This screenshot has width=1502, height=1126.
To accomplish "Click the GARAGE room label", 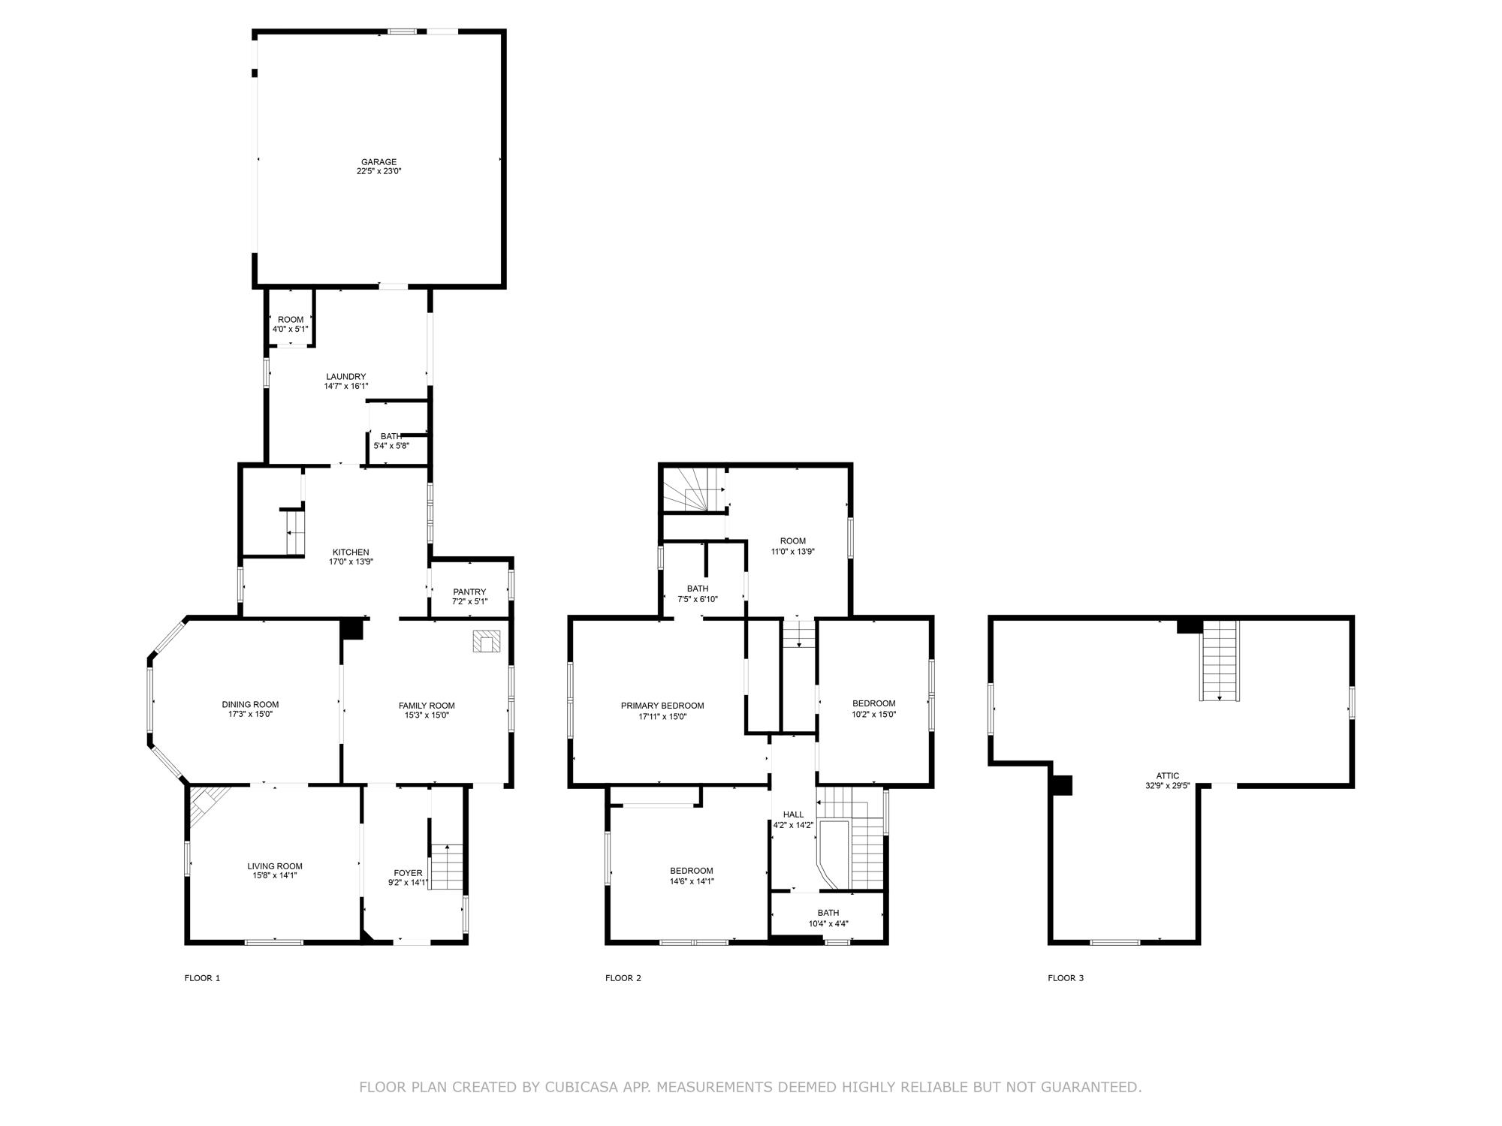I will click(379, 162).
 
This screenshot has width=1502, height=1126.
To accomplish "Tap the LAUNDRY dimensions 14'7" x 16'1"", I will click(346, 387).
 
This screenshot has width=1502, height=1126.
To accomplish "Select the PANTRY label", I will click(469, 592).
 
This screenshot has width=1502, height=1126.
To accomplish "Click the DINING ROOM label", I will click(250, 704).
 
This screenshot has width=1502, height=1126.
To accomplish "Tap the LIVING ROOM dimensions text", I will click(275, 875).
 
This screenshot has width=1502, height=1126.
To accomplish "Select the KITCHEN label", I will click(351, 552).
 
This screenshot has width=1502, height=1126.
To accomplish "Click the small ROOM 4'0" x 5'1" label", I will click(291, 320).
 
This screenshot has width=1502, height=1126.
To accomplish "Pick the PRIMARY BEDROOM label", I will click(662, 706).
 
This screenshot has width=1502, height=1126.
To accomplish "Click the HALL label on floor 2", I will click(793, 814).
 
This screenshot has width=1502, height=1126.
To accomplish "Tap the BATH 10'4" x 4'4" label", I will click(828, 913).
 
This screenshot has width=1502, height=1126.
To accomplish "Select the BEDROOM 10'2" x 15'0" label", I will click(873, 703).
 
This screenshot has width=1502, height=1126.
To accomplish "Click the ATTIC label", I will click(1167, 776).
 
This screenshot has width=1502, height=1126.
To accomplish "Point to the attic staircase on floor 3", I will click(1219, 661).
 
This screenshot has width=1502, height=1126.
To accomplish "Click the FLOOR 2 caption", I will click(623, 978).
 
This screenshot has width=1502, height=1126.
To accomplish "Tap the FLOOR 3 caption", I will click(1066, 978).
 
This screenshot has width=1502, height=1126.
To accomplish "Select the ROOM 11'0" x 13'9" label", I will click(792, 541).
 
